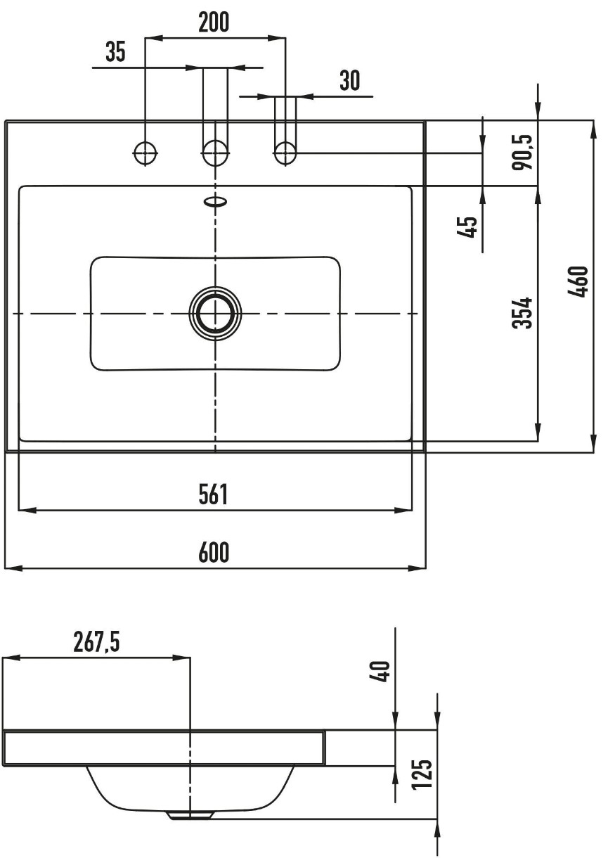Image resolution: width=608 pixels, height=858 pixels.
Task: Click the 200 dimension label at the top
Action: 214,23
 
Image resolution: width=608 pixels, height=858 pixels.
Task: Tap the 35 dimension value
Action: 116,52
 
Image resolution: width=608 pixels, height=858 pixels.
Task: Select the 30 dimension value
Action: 350,80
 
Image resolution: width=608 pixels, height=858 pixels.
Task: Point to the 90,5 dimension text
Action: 522,152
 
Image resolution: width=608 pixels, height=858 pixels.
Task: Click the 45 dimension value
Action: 467,226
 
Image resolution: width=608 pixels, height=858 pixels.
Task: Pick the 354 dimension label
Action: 522,313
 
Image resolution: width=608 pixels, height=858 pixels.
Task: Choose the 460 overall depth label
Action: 577,281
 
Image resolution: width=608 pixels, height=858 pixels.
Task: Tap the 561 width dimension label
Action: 213,494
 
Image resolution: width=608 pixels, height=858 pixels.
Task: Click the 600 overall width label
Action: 214,552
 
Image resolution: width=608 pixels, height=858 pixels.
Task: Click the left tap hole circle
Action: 145,153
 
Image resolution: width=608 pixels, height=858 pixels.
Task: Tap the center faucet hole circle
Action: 215,153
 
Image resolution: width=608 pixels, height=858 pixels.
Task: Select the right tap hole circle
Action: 285,153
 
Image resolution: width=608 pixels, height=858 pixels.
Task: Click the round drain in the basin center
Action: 215,313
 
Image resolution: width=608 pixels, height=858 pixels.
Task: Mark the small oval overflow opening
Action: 216,201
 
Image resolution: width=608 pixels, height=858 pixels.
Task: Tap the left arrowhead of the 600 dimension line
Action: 13,568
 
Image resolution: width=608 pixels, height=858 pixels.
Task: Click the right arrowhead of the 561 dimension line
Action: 404,510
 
